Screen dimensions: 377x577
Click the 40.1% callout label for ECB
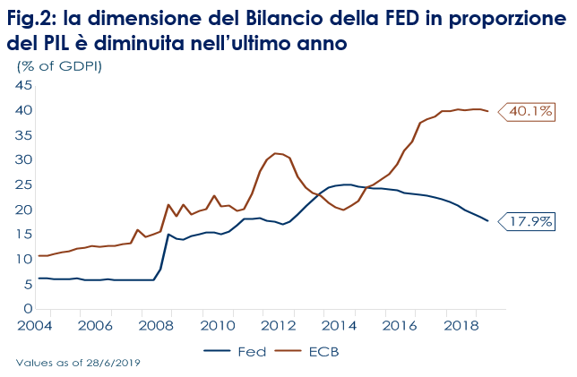pos(530,112)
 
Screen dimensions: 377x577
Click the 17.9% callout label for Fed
pos(530,221)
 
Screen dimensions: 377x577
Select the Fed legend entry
pos(253,352)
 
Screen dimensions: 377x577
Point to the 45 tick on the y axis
pos(23,86)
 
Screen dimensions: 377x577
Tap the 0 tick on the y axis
pos(28,309)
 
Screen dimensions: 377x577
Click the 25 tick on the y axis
pos(23,185)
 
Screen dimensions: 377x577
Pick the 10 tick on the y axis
pos(23,260)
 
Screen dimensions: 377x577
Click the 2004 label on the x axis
pos(38,325)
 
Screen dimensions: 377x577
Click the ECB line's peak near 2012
pos(275,153)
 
